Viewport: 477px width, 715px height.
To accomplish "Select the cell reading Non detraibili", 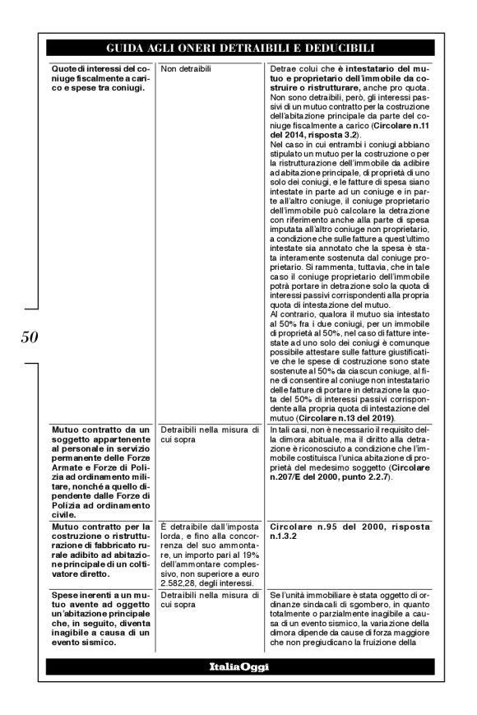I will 181,70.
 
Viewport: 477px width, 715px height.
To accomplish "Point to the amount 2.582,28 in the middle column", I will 175,580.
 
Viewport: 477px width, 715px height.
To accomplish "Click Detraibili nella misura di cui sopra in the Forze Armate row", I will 195,434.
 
